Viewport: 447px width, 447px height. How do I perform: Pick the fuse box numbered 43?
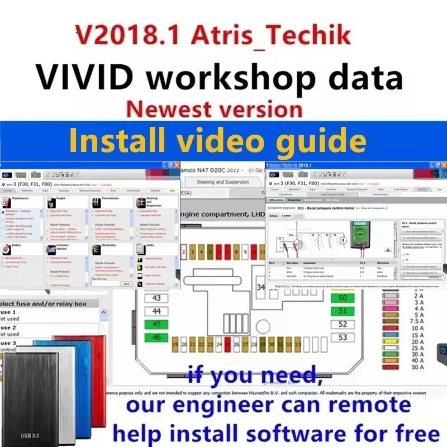[x=156, y=298]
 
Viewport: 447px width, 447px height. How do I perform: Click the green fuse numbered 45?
[x=156, y=324]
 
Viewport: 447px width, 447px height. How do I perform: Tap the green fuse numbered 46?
[x=156, y=337]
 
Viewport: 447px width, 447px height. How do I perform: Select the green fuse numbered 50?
[x=343, y=298]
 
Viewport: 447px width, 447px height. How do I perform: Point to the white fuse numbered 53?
[x=343, y=337]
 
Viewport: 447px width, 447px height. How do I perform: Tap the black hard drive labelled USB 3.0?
[x=31, y=397]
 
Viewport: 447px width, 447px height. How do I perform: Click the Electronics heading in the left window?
[x=108, y=245]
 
